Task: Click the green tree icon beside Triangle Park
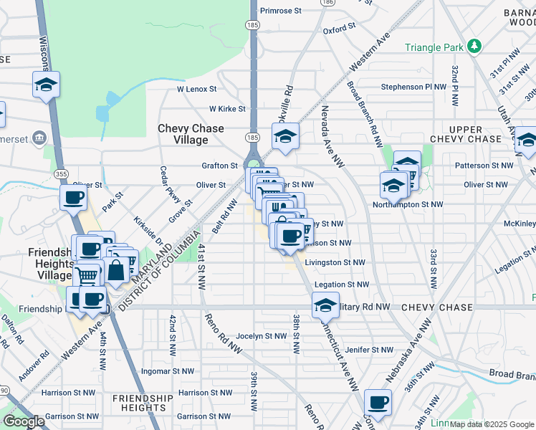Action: coord(474,47)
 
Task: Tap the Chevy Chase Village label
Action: coord(191,135)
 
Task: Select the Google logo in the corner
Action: coord(24,421)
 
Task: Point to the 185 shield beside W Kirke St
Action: coord(252,136)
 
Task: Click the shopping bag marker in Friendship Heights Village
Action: coord(116,271)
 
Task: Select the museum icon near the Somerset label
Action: coord(39,137)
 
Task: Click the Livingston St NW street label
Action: coord(335,262)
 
